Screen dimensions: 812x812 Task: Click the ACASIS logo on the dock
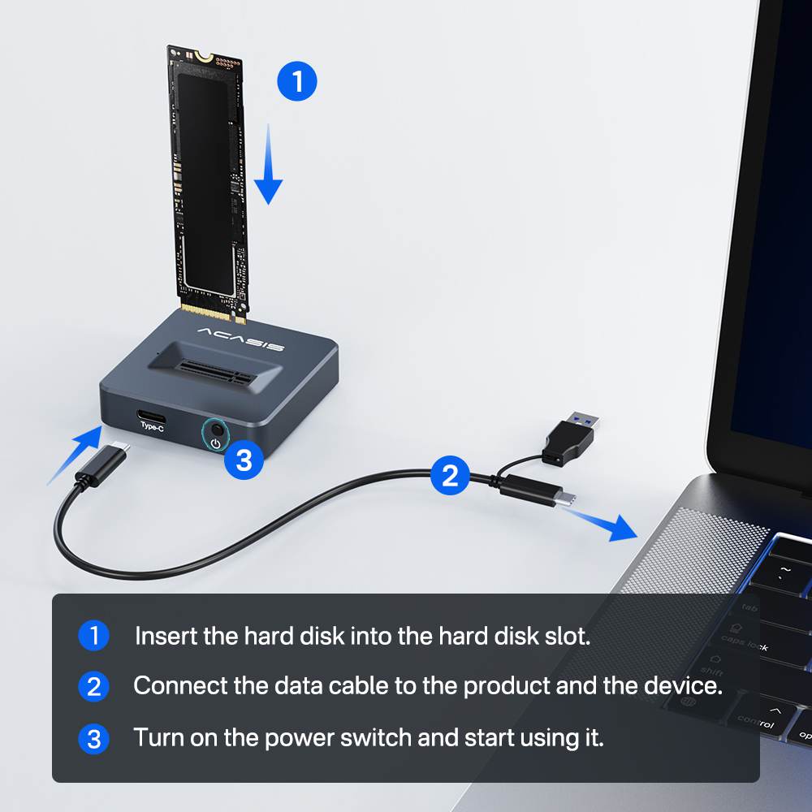coord(240,339)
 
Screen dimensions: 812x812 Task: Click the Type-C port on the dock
coord(152,410)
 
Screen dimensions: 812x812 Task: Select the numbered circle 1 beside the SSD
coord(297,81)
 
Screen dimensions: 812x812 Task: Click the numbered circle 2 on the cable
coord(450,475)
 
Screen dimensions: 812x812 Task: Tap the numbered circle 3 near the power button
coord(244,460)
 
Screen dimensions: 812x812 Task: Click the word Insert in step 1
coord(166,636)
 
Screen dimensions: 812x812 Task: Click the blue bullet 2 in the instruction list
coord(93,687)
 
